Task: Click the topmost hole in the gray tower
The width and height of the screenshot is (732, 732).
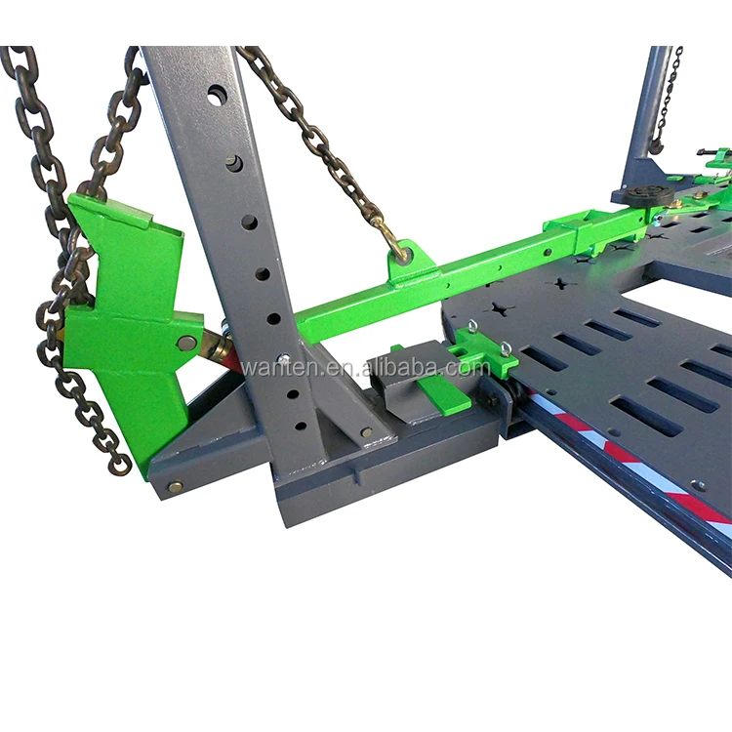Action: [x=216, y=95]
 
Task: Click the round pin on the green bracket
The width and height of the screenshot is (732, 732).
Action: [x=184, y=343]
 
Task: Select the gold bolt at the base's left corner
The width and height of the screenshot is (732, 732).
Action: [x=175, y=485]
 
